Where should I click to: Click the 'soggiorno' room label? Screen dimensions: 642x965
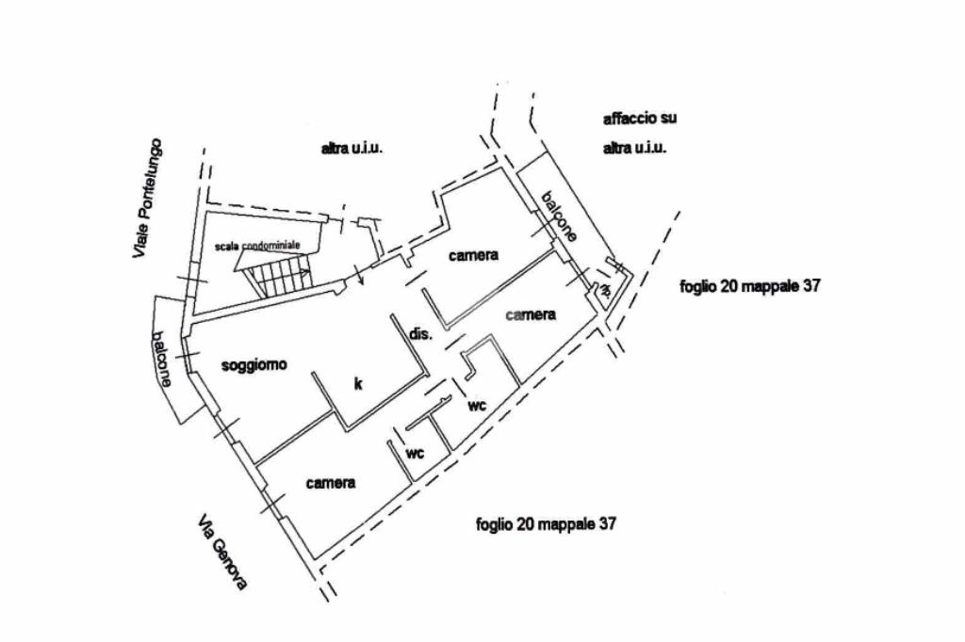(254, 365)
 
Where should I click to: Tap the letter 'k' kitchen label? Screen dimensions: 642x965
(358, 383)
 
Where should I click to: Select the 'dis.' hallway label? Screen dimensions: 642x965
(419, 334)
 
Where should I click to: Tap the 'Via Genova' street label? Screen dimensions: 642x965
(223, 552)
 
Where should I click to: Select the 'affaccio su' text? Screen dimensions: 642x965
(640, 120)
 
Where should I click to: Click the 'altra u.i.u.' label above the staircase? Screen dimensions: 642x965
(352, 149)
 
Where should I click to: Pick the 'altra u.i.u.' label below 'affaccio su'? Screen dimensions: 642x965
(635, 149)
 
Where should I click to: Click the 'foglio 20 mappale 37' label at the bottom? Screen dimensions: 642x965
(547, 524)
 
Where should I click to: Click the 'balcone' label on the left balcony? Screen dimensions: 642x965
(163, 359)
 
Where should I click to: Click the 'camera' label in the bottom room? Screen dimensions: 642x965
(331, 483)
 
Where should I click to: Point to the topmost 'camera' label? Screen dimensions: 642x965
(473, 255)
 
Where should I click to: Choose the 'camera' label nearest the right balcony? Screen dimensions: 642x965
(531, 315)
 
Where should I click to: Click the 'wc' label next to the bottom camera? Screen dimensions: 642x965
(416, 453)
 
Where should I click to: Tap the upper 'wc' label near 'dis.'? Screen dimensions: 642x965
(477, 406)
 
